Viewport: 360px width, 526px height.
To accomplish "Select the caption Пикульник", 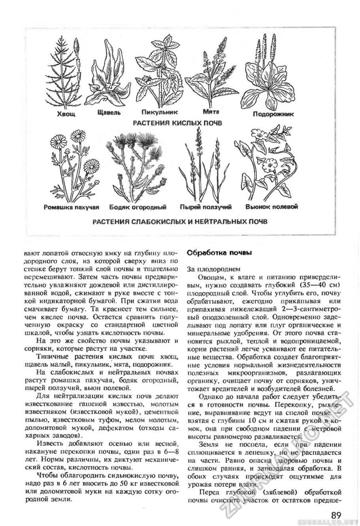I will [x=159, y=113].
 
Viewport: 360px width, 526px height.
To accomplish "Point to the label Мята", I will [x=211, y=112].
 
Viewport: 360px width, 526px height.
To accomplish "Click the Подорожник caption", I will [x=273, y=114].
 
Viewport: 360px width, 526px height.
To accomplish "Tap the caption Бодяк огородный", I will [x=138, y=207].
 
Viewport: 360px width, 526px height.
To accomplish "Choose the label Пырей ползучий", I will [x=205, y=207].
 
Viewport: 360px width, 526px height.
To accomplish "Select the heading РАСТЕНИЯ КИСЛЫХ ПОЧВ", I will [x=177, y=123].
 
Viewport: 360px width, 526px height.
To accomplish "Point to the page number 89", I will [x=336, y=516].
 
